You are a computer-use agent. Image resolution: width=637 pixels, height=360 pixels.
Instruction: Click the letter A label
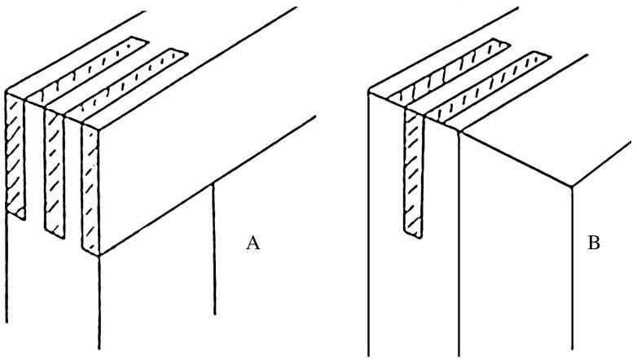253,243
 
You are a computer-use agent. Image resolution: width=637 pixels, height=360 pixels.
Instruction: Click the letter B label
594,243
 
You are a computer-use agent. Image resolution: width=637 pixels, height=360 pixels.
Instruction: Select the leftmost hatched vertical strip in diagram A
15,155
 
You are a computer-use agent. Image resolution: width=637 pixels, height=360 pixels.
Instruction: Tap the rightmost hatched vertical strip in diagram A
90,187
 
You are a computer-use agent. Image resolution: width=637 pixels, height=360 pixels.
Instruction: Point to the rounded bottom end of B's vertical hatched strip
415,235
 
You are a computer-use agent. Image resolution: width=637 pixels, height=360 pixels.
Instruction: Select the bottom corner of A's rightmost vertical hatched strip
99,253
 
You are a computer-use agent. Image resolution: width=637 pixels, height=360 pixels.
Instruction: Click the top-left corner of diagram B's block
369,92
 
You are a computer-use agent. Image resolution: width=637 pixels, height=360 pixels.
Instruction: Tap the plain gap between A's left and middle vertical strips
34,163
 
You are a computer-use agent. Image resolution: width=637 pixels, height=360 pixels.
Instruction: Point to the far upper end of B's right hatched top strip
539,57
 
